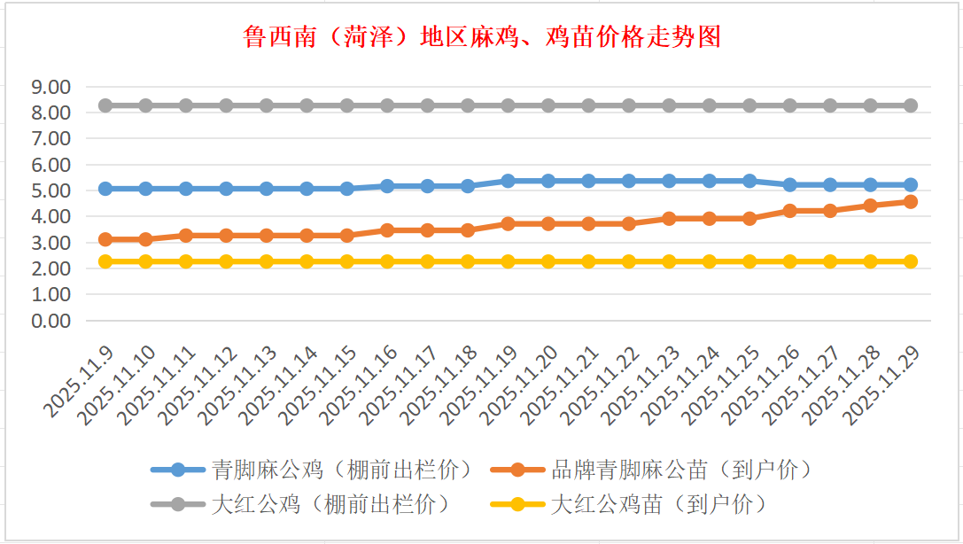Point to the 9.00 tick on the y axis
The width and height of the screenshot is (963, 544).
[50, 88]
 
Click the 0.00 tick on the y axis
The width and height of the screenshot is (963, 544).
[50, 321]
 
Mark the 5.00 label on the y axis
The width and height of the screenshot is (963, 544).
[50, 191]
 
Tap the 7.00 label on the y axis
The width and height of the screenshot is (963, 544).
[50, 139]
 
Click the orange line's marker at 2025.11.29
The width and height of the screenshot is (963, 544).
[910, 202]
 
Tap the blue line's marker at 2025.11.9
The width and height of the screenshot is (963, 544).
[105, 189]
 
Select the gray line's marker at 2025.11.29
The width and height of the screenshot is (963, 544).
[910, 105]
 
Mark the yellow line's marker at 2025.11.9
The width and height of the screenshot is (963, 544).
[105, 261]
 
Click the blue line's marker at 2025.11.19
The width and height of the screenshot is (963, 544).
[508, 181]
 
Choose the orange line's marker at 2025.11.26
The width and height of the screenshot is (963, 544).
[789, 211]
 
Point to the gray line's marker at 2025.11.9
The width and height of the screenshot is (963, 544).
[105, 105]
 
